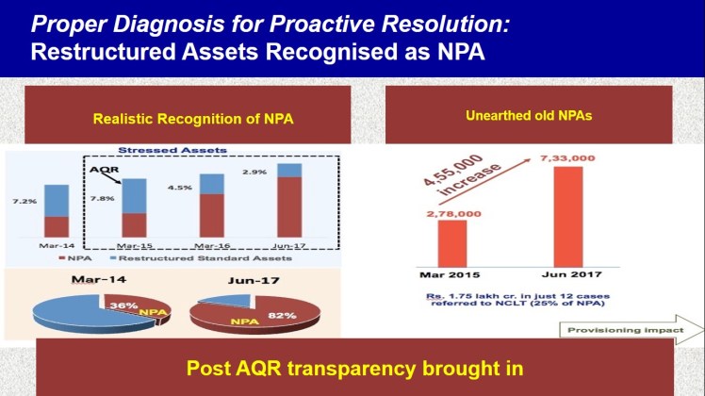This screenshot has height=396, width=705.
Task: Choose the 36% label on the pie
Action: tap(146, 306)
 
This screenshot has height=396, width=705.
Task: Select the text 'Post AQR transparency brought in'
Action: tap(352, 367)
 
